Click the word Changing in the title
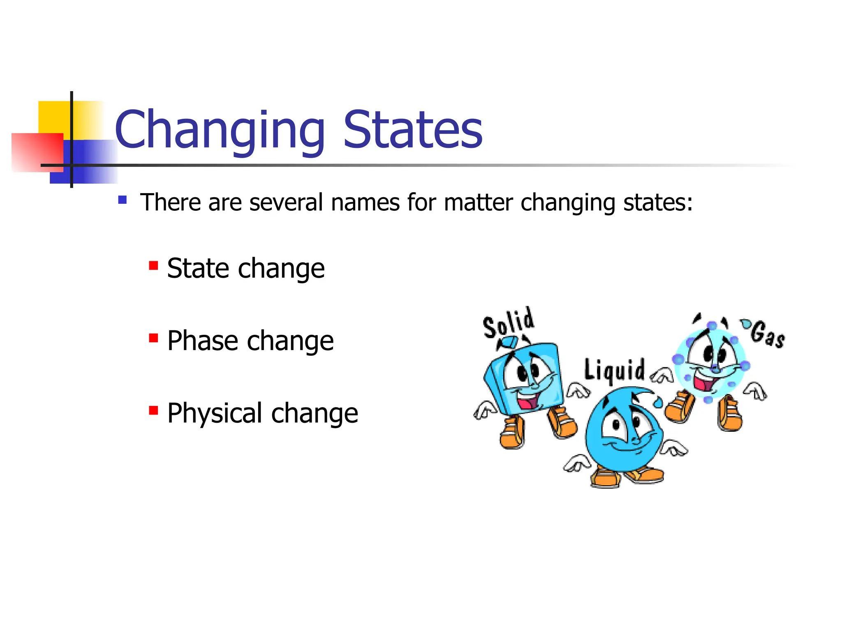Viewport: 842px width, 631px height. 220,131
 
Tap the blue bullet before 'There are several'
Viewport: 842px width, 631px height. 122,200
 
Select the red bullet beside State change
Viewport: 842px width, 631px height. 153,266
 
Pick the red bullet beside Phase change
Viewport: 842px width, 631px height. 153,338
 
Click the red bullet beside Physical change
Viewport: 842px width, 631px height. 153,410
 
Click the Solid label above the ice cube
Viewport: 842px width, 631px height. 509,323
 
